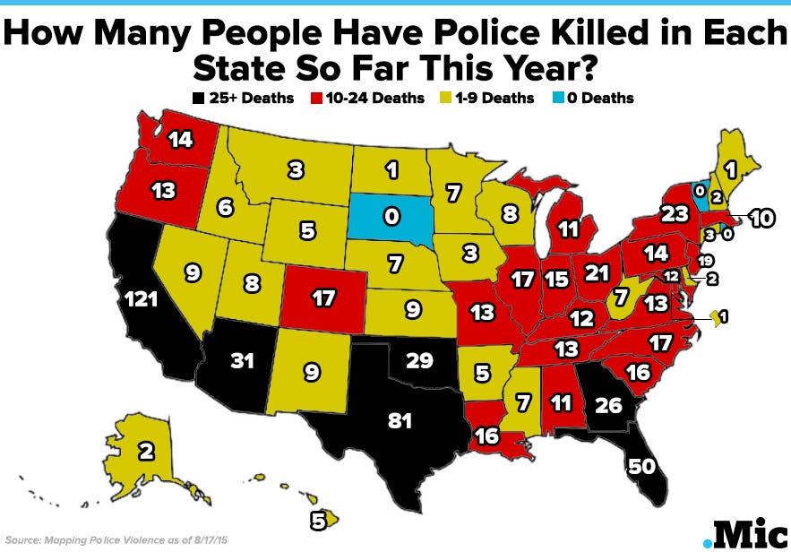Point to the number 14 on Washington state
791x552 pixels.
tap(180, 139)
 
